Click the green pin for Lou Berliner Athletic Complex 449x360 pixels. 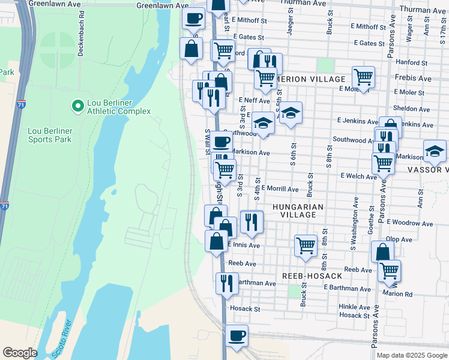tap(77, 107)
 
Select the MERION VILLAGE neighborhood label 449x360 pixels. tap(311, 79)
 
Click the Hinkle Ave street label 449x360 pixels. tap(354, 306)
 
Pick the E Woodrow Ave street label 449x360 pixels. tap(409, 223)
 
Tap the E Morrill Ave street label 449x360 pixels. tap(279, 189)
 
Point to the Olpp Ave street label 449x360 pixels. tap(399, 239)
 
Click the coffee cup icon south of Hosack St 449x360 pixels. tap(237, 335)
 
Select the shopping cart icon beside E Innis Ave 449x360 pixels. tap(306, 245)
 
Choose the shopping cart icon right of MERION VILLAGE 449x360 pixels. tap(363, 76)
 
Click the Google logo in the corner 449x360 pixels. tap(20, 353)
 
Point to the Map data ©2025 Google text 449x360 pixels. tap(411, 355)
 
